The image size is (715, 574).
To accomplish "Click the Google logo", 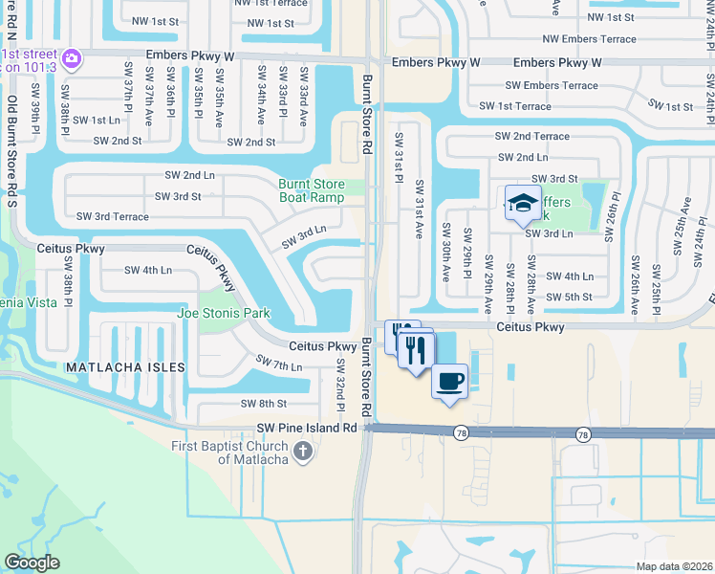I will [32, 563].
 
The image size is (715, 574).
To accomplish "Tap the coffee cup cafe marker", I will [449, 380].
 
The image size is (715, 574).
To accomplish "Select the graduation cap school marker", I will [523, 202].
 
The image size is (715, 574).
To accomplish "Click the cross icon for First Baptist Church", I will [303, 451].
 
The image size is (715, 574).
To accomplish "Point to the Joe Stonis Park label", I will [223, 313].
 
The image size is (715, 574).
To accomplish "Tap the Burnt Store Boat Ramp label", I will [311, 190].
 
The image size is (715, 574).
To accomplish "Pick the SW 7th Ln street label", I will [279, 364].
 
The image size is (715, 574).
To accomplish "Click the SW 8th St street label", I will [264, 404].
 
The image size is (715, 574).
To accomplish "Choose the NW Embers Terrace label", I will [588, 39].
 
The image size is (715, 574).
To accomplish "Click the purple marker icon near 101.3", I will [73, 60].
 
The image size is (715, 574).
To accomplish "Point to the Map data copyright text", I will [673, 565].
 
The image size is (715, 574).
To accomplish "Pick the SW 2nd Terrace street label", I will [533, 137].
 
